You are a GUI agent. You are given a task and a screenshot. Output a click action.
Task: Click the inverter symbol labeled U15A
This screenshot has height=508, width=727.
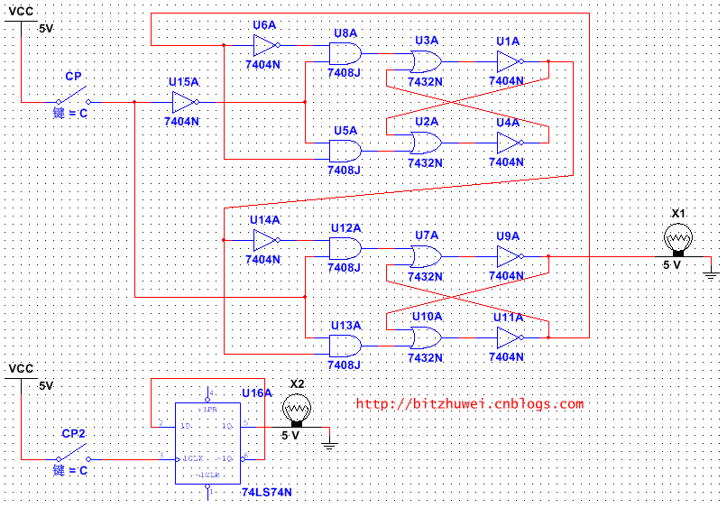pos(184,102)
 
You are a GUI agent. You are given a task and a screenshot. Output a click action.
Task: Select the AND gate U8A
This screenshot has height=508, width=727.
pos(345,53)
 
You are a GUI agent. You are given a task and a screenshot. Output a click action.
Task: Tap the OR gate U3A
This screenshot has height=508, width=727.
pos(425,61)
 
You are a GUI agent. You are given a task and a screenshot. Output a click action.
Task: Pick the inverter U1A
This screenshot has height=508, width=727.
pos(509,61)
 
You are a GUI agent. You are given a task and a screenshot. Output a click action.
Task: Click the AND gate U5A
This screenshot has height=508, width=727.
pos(345,151)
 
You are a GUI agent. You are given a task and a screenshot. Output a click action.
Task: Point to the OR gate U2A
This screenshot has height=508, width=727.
pos(425,143)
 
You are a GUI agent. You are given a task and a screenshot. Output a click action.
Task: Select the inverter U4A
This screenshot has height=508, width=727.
pos(509,143)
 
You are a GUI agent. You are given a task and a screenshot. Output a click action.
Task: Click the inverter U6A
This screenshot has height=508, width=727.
pos(266,45)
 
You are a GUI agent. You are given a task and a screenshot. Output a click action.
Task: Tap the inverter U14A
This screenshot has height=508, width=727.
pos(266,240)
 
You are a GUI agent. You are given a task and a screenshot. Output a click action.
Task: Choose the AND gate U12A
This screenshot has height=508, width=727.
pos(345,248)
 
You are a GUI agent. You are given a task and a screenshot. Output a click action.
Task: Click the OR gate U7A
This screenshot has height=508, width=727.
pos(425,256)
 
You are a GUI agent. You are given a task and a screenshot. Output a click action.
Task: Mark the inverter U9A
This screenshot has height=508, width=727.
pos(509,256)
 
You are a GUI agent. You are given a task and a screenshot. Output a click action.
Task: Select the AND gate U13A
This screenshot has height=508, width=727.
pos(345,346)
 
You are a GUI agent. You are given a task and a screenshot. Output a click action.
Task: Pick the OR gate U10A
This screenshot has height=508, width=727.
pos(425,337)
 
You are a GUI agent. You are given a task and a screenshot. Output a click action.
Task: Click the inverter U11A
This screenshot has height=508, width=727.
pos(509,337)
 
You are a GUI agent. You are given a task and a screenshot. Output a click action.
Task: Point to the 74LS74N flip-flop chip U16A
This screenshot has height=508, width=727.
pos(208,441)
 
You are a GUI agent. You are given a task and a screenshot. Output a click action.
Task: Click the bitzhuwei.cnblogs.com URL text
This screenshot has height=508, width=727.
pos(469,404)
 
